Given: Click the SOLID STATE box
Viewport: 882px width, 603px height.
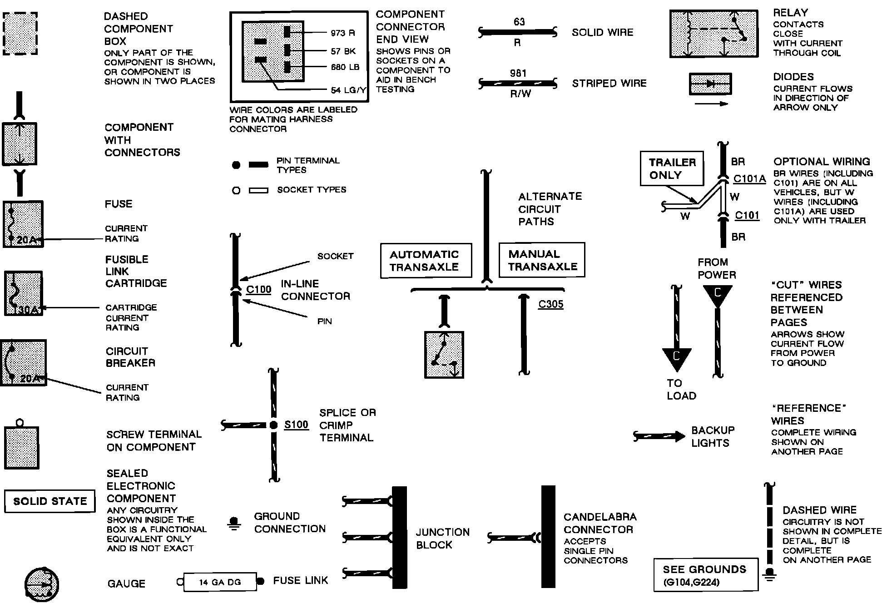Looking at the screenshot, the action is click(x=50, y=501).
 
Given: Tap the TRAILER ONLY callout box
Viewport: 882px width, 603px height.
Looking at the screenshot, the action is click(x=672, y=168).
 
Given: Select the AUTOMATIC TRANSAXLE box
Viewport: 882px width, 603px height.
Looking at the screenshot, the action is click(x=426, y=261).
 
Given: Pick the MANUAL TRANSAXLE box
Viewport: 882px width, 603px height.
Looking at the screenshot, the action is click(x=542, y=260).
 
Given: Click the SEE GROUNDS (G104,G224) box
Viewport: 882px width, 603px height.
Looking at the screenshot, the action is click(x=706, y=575).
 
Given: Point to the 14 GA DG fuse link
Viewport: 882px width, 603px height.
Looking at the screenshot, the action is click(x=220, y=582).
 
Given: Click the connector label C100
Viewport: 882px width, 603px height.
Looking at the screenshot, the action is click(x=258, y=290).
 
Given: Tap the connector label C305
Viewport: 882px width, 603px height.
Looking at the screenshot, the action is click(x=550, y=304).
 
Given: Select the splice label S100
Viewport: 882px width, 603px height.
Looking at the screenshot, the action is click(x=296, y=425).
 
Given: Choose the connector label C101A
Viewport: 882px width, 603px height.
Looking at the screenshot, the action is click(x=750, y=179).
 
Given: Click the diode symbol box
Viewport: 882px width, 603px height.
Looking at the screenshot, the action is click(x=710, y=84).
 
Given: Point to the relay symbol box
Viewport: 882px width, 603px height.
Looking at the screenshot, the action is click(x=714, y=34).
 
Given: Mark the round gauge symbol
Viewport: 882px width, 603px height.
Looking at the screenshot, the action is click(x=42, y=583).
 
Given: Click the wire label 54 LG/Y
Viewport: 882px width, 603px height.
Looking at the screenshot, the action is click(x=348, y=90).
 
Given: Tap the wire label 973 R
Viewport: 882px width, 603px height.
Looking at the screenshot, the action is click(x=343, y=33).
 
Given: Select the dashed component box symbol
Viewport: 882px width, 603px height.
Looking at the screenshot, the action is click(x=20, y=34).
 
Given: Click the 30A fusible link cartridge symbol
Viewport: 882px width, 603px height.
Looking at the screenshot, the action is click(x=23, y=293).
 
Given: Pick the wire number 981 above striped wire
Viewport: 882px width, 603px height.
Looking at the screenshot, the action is click(x=518, y=73).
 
